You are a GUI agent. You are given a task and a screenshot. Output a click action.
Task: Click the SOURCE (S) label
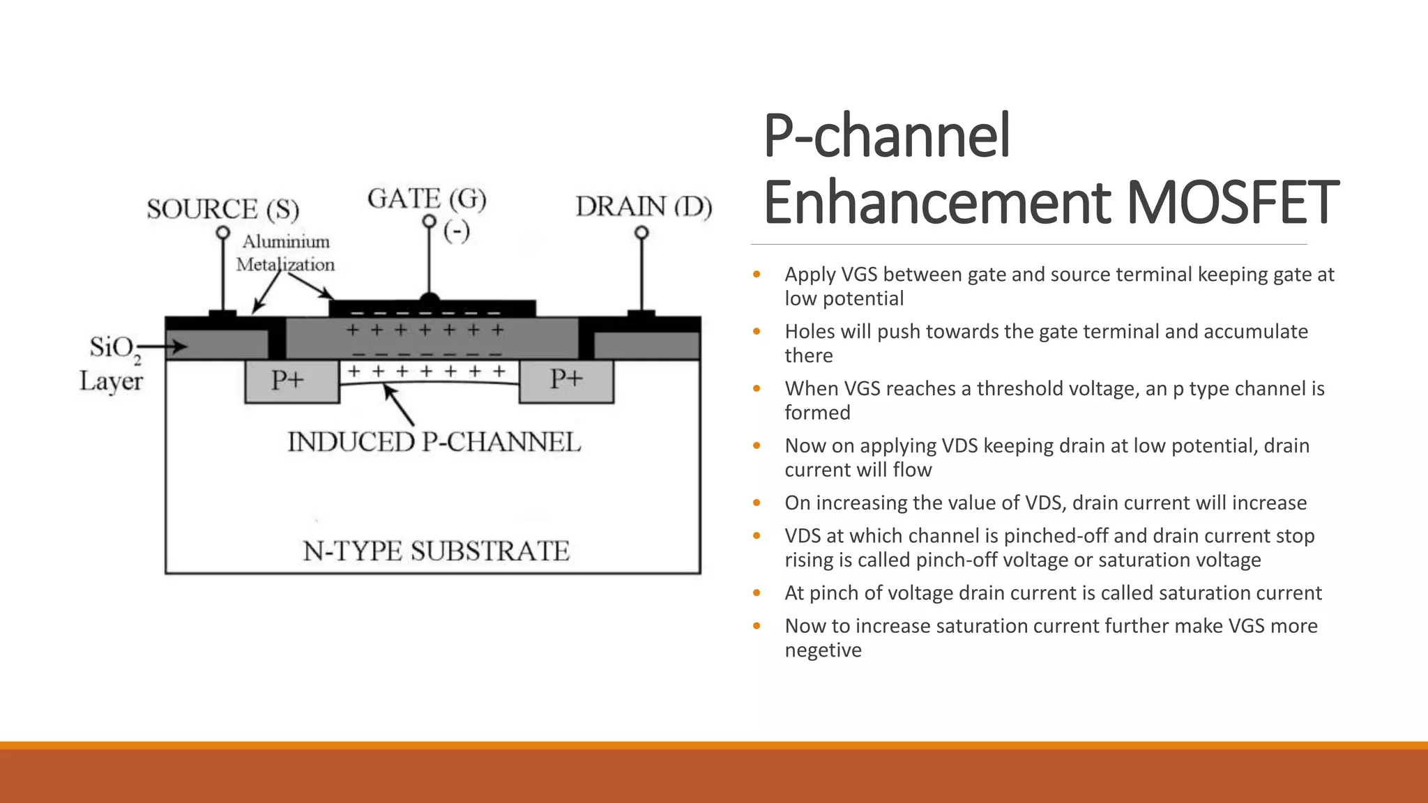[x=222, y=209]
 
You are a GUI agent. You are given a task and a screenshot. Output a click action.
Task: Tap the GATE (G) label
[x=427, y=199]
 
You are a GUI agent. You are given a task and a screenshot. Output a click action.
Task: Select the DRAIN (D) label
[x=643, y=207]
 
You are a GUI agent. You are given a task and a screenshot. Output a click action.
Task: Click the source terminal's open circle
[x=222, y=233]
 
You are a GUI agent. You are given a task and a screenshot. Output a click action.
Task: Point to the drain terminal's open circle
[x=641, y=233]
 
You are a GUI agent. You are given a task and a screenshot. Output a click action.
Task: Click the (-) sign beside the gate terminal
[x=457, y=231]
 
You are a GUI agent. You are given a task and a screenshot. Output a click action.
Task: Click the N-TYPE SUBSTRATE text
[x=436, y=551]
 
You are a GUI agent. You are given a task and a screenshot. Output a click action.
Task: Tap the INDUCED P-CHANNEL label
[x=434, y=443]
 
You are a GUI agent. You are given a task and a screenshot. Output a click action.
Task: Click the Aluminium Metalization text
[x=285, y=253]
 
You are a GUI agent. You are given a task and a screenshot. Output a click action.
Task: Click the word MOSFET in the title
[x=1232, y=202]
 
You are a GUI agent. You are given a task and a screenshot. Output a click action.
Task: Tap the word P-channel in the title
[x=886, y=135]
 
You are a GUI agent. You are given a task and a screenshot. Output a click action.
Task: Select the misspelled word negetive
[x=823, y=650]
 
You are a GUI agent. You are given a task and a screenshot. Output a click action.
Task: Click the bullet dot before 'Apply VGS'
[x=757, y=275]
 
